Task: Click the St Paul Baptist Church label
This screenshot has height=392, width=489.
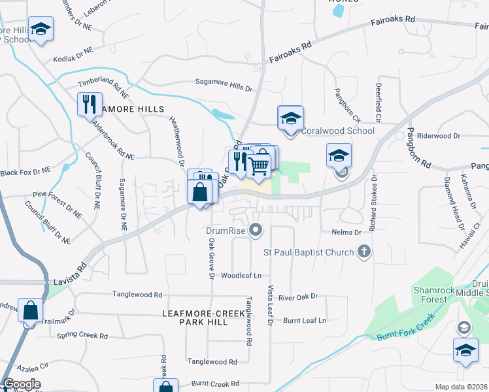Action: pyautogui.click(x=309, y=252)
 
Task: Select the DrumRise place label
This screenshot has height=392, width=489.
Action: pyautogui.click(x=225, y=230)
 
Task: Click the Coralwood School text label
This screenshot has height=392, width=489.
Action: pyautogui.click(x=337, y=131)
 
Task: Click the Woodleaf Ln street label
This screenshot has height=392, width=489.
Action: pyautogui.click(x=241, y=276)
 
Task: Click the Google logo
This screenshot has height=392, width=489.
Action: pyautogui.click(x=21, y=384)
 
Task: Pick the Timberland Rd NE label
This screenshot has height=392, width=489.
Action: pyautogui.click(x=101, y=84)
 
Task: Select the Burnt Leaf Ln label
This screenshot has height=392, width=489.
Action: pyautogui.click(x=304, y=320)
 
